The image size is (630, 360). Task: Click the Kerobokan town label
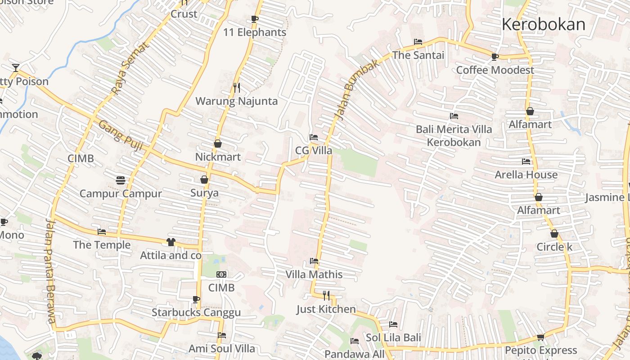coord(543,24)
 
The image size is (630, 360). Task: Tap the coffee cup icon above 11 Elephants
coord(254,19)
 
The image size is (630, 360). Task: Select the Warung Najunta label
coord(236,101)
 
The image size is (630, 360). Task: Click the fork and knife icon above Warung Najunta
coord(236,87)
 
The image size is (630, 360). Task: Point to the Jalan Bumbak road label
coord(358,90)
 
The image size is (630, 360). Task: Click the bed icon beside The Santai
coord(418,42)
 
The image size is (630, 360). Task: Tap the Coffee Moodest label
coord(495,70)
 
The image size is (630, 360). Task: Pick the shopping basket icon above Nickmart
coord(218,144)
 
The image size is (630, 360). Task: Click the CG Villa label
coord(314,150)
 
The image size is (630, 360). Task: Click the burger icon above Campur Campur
coord(120,180)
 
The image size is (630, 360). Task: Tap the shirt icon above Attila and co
coord(171,242)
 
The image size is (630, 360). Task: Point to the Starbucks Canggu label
coord(196,312)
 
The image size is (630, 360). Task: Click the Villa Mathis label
coord(314,274)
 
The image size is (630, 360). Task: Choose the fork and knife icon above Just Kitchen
coord(326,296)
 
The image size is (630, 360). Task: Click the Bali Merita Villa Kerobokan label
coord(454,135)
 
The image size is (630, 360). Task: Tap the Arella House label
coord(526,175)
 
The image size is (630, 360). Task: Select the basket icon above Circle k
coord(554,234)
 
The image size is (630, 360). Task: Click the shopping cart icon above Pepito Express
coord(541,337)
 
